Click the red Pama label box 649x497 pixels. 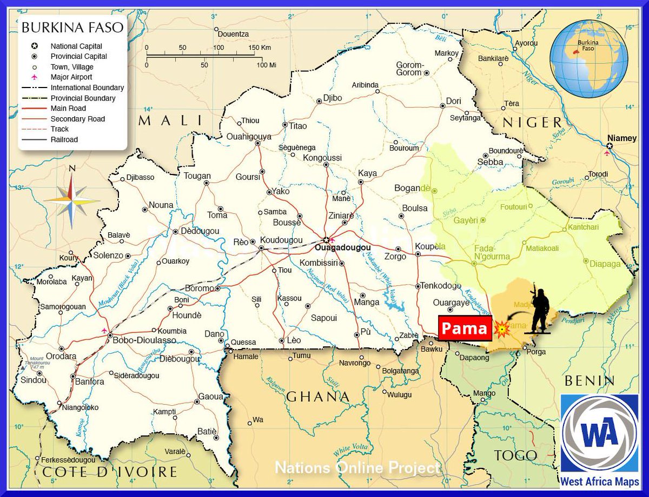(x=465, y=328)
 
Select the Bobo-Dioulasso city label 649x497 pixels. (x=144, y=340)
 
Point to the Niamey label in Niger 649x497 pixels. (x=622, y=138)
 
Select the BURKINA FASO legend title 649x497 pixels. (x=72, y=27)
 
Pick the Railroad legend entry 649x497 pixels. (x=64, y=139)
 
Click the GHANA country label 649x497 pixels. (x=318, y=397)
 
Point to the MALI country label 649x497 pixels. (x=170, y=120)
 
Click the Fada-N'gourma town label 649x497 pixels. (x=491, y=252)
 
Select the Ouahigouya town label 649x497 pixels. (x=249, y=137)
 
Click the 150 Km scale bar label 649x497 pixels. (x=260, y=48)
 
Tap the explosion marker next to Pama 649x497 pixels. (x=502, y=328)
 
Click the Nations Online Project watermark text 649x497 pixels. (x=357, y=467)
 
